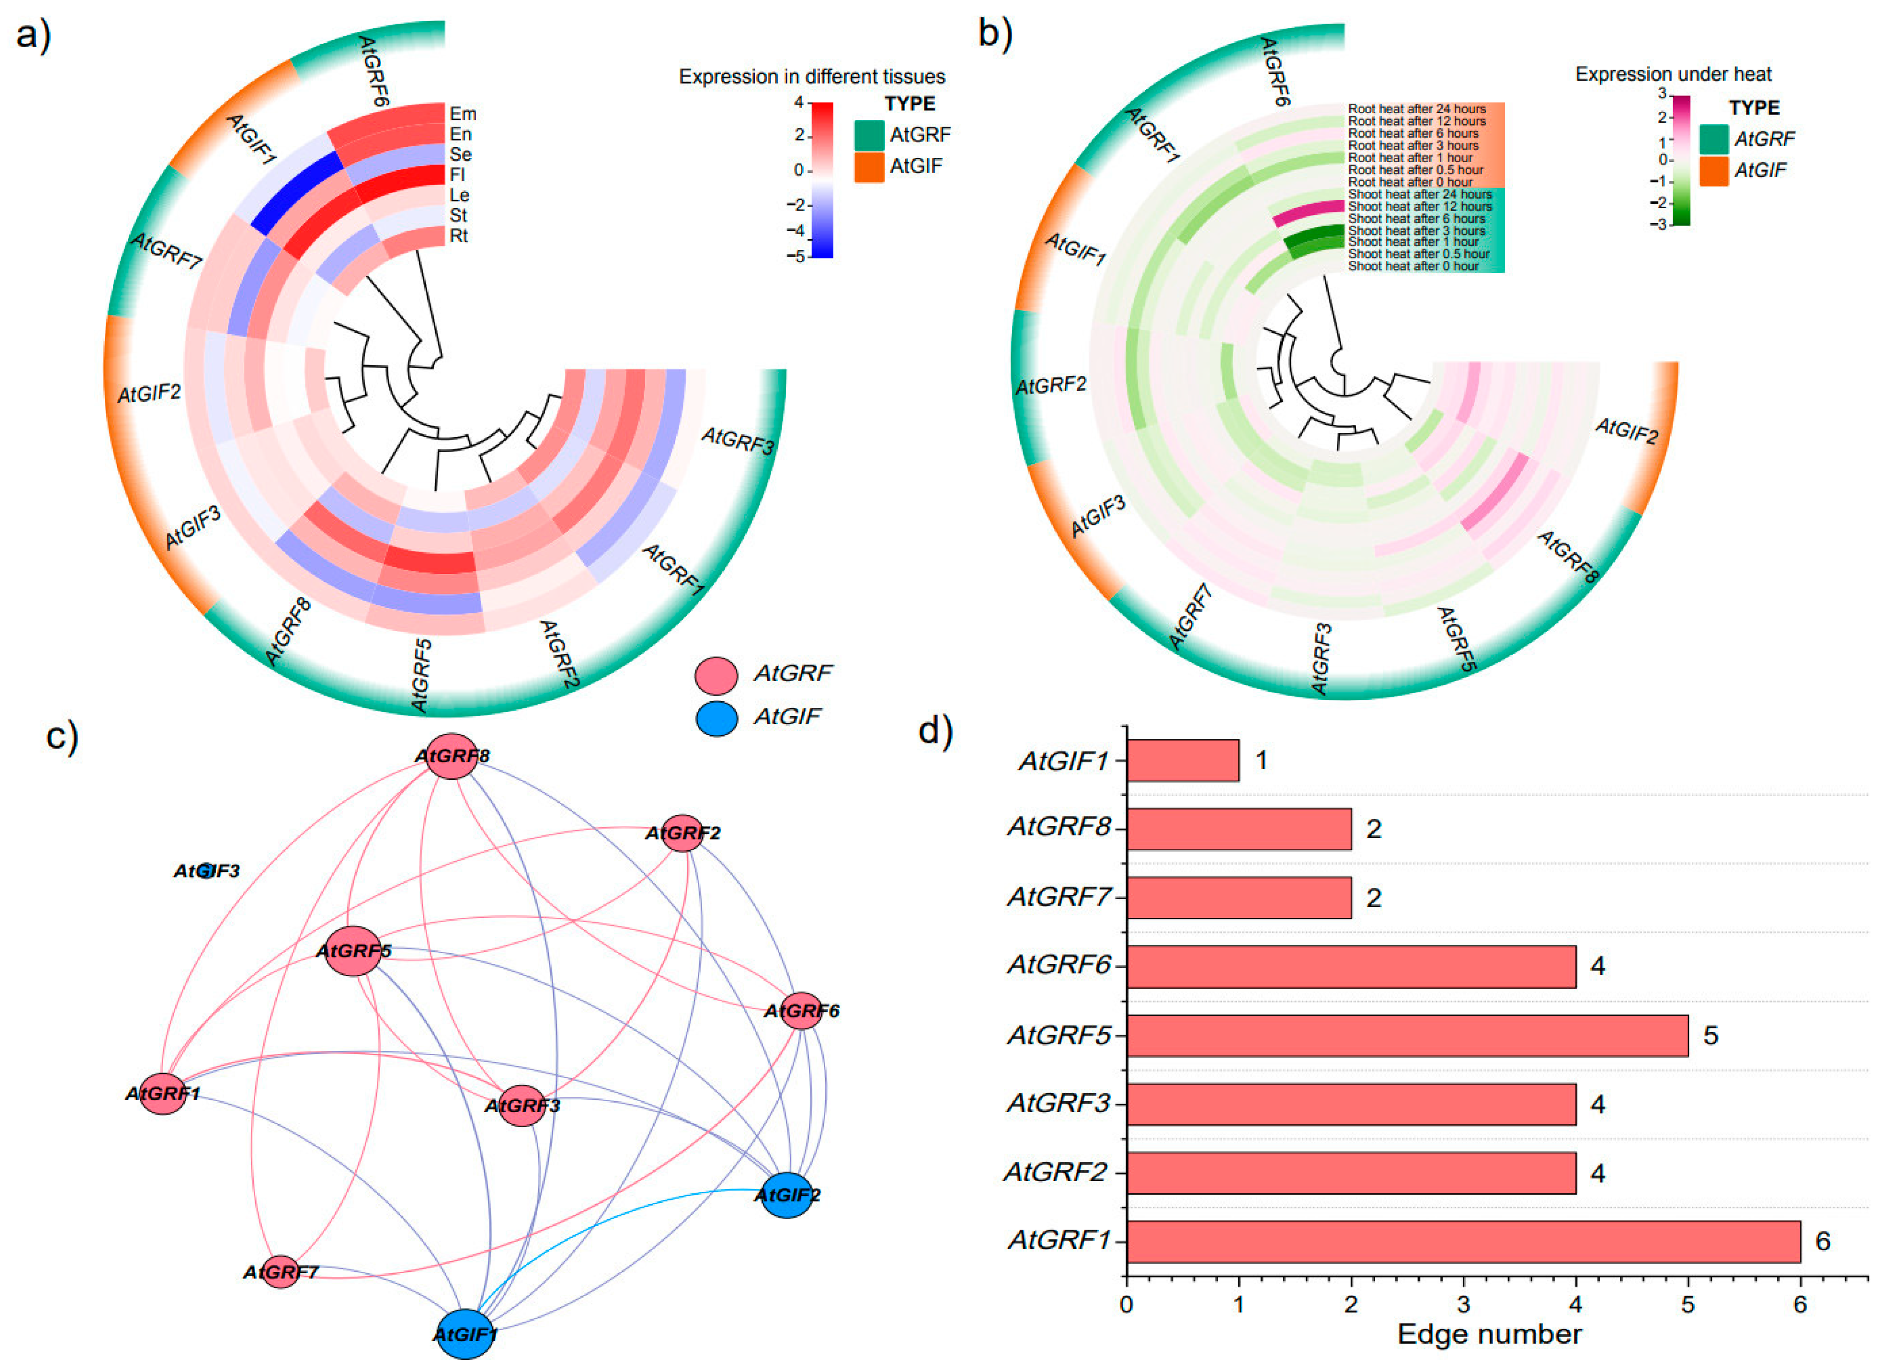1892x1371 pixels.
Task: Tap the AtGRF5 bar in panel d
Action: click(1407, 1035)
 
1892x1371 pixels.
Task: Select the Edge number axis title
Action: click(1489, 1334)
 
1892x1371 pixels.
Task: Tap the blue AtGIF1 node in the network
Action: click(465, 1333)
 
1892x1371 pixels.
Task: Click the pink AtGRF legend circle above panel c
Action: click(716, 674)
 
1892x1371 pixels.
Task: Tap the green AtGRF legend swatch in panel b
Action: click(1714, 139)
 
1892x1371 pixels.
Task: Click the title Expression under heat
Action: click(1673, 74)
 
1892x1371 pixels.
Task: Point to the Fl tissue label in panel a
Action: click(457, 174)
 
